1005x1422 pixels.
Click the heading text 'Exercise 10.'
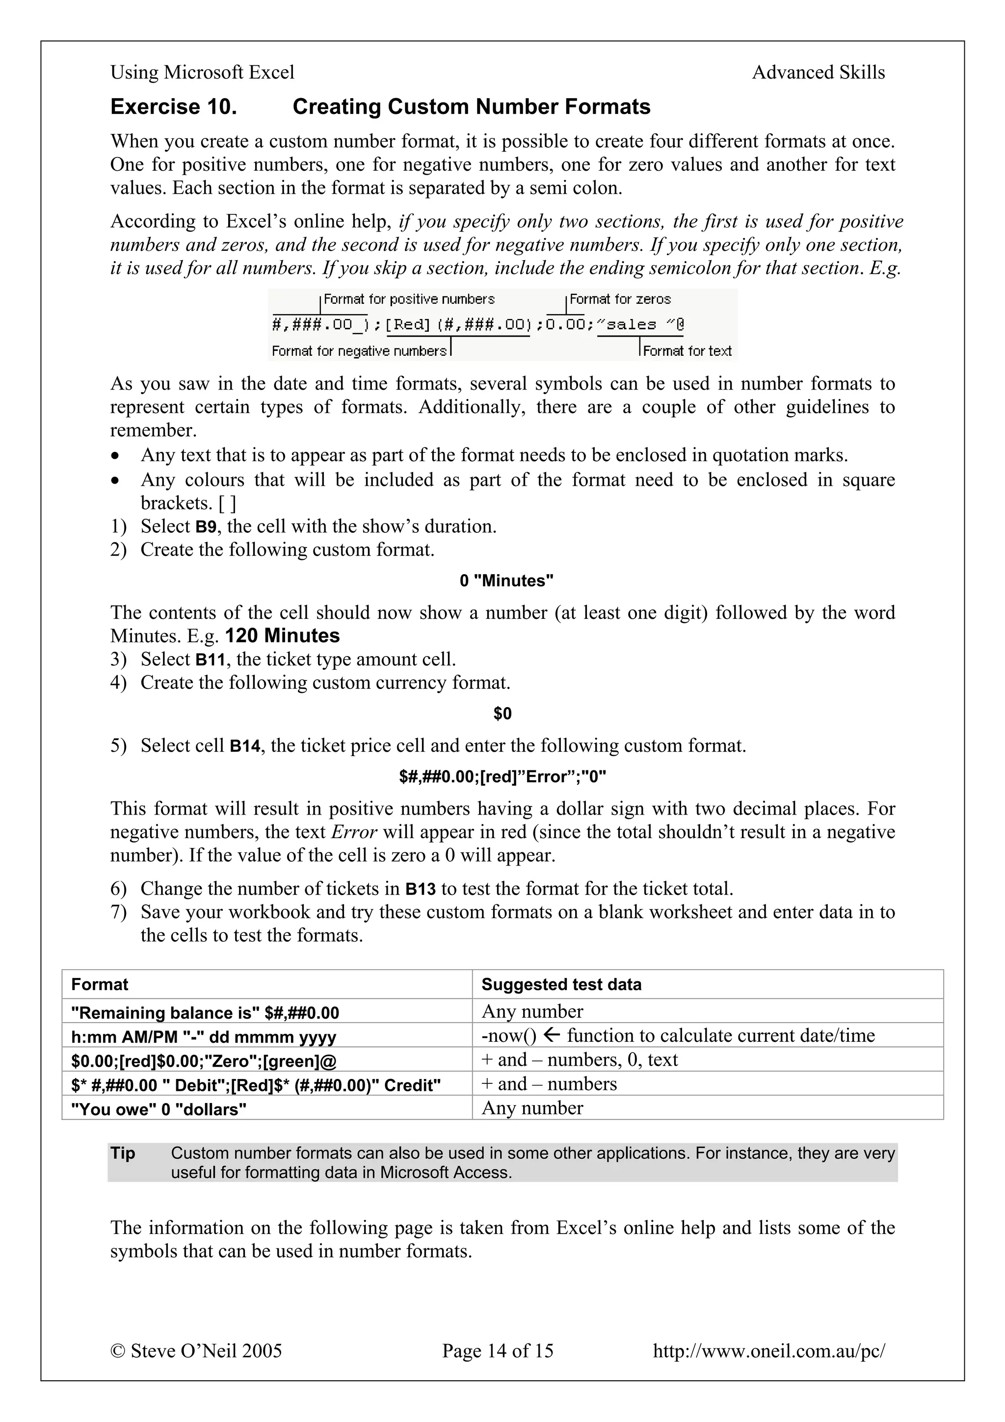pos(173,107)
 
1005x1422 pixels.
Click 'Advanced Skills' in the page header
pos(818,73)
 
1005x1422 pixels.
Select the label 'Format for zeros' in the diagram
pos(620,299)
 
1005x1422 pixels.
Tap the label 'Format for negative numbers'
pos(359,351)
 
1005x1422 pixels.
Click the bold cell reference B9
pos(206,527)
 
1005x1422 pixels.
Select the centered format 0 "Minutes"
pos(506,581)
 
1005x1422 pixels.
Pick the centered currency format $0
pos(502,714)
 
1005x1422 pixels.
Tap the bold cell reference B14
pos(244,746)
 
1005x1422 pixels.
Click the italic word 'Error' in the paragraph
pos(354,832)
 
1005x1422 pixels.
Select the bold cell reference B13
pos(421,890)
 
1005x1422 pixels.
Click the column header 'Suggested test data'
pos(561,985)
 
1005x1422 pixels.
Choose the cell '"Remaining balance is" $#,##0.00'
pos(205,1013)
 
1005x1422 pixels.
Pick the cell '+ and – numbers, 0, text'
pos(580,1060)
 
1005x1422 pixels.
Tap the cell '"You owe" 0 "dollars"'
pos(159,1109)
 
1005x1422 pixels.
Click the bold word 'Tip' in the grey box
pos(123,1153)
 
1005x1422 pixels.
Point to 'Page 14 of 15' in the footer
pos(497,1351)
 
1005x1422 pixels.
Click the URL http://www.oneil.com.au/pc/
pos(768,1351)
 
